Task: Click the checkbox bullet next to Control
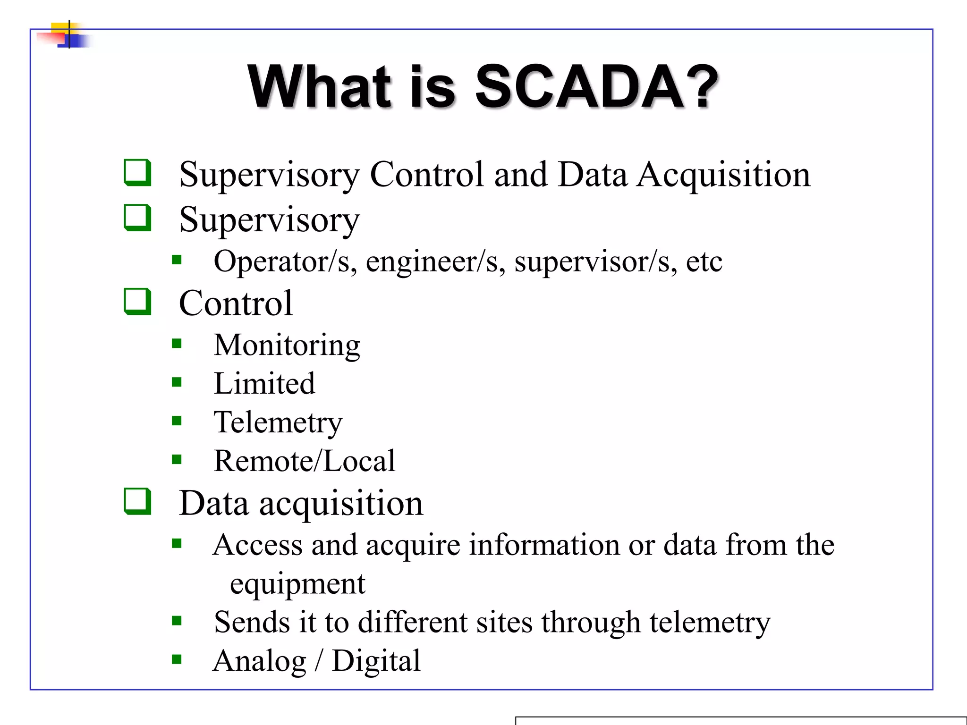pos(137,302)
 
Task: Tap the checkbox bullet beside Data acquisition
pos(137,501)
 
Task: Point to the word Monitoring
pos(287,345)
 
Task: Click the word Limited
pos(264,383)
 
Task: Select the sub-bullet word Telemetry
pos(278,422)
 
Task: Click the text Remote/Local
pos(304,461)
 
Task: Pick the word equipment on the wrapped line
pos(297,584)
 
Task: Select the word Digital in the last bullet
pos(376,661)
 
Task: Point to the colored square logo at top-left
pos(66,35)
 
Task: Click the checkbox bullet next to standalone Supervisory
pos(137,218)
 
